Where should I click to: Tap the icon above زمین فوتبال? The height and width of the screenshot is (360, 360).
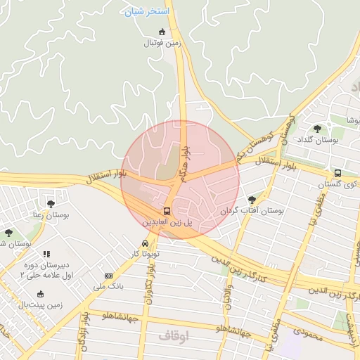pyautogui.click(x=162, y=32)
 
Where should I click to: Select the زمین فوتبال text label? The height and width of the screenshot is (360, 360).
pyautogui.click(x=163, y=44)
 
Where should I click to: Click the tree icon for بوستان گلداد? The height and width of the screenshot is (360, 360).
pyautogui.click(x=317, y=129)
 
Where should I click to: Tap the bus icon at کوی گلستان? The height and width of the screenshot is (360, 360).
pyautogui.click(x=337, y=173)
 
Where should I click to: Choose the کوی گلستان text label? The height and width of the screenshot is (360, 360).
pyautogui.click(x=333, y=184)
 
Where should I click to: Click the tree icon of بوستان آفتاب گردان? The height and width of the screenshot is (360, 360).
pyautogui.click(x=252, y=200)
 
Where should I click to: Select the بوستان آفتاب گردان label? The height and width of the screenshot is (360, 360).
pyautogui.click(x=252, y=211)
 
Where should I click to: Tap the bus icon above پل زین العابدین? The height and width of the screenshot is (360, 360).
pyautogui.click(x=167, y=210)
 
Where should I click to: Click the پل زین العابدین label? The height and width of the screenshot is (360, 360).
pyautogui.click(x=167, y=222)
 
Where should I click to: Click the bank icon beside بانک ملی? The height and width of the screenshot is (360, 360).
pyautogui.click(x=108, y=276)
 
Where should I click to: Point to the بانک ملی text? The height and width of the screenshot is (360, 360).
pyautogui.click(x=108, y=287)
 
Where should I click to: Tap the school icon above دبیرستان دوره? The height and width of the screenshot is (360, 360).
pyautogui.click(x=46, y=254)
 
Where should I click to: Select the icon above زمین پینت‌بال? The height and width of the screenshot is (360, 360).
pyautogui.click(x=40, y=294)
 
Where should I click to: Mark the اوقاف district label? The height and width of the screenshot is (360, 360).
pyautogui.click(x=174, y=337)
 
